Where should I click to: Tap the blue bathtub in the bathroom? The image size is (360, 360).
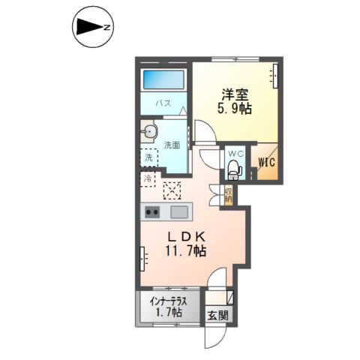[x=163, y=79]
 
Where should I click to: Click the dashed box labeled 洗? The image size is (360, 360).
[x=148, y=158]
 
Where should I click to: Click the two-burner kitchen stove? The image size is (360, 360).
[x=151, y=211]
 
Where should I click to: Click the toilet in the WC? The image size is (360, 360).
[x=235, y=167]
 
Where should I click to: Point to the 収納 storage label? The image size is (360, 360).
[x=227, y=196]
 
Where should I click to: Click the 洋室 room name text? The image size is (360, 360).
[x=234, y=94]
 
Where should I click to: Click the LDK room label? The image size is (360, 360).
[x=185, y=237]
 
